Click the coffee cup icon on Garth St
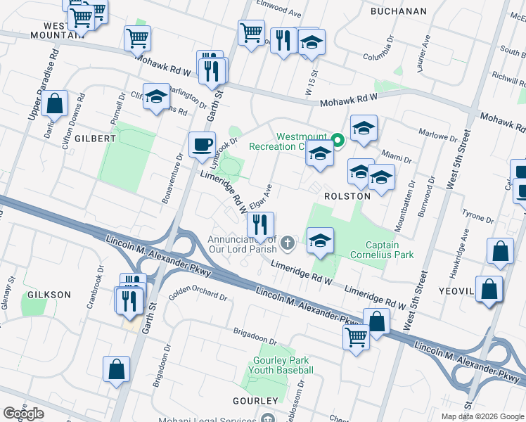tap(203, 145)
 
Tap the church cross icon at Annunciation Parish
tap(287, 243)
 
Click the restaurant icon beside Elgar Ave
tap(260, 225)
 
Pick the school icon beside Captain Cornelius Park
tap(319, 241)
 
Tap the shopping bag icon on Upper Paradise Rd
tap(55, 104)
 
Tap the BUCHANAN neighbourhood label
tap(399, 11)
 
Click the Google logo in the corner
tap(23, 414)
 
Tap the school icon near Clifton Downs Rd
tap(156, 98)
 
